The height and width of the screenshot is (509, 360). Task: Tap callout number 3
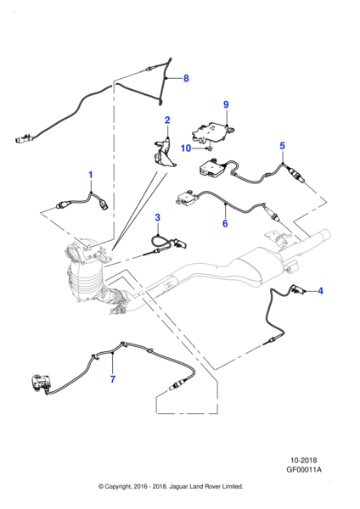point(157,218)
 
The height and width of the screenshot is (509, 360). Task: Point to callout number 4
point(320,291)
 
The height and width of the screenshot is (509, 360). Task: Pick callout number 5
point(283,146)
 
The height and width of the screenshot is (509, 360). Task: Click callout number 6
point(225,224)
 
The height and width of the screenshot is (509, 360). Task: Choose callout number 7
point(112,378)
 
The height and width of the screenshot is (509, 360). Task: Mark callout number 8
point(188,79)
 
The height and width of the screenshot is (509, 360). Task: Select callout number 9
point(226,104)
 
